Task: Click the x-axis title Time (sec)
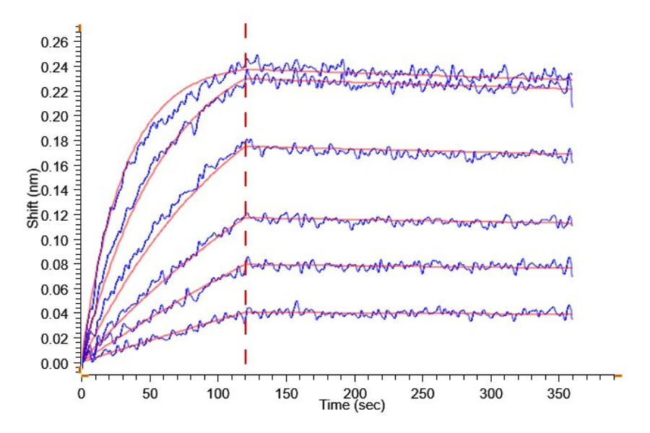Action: (352, 406)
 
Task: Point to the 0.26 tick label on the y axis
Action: (54, 43)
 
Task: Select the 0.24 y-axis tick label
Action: (54, 67)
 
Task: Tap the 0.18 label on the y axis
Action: (54, 141)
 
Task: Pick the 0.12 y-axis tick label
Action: (54, 215)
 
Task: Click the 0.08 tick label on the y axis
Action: (54, 265)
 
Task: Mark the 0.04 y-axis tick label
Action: (54, 314)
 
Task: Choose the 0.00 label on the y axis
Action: (54, 364)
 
